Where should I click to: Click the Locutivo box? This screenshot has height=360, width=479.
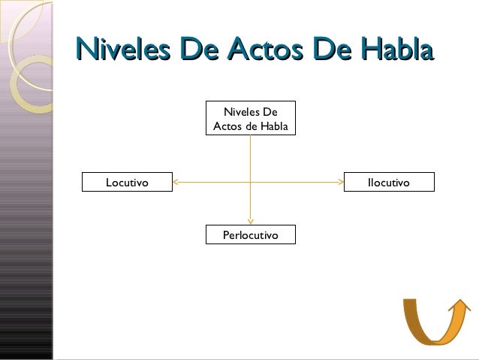[x=127, y=182]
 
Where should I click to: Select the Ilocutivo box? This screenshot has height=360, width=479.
[x=388, y=182]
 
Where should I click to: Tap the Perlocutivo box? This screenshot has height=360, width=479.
[x=250, y=235]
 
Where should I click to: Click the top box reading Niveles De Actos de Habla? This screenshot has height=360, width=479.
[x=250, y=119]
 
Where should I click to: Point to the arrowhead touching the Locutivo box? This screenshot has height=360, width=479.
[x=176, y=182]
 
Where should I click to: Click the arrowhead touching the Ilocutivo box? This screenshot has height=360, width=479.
[x=340, y=182]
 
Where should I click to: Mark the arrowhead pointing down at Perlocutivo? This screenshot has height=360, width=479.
[x=250, y=220]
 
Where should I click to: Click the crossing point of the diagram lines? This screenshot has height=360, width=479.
[x=250, y=182]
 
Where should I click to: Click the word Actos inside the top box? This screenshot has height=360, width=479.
[x=227, y=126]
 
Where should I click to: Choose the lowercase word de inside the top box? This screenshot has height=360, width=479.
[x=252, y=126]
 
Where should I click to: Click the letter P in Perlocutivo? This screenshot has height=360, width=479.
[x=226, y=236]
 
